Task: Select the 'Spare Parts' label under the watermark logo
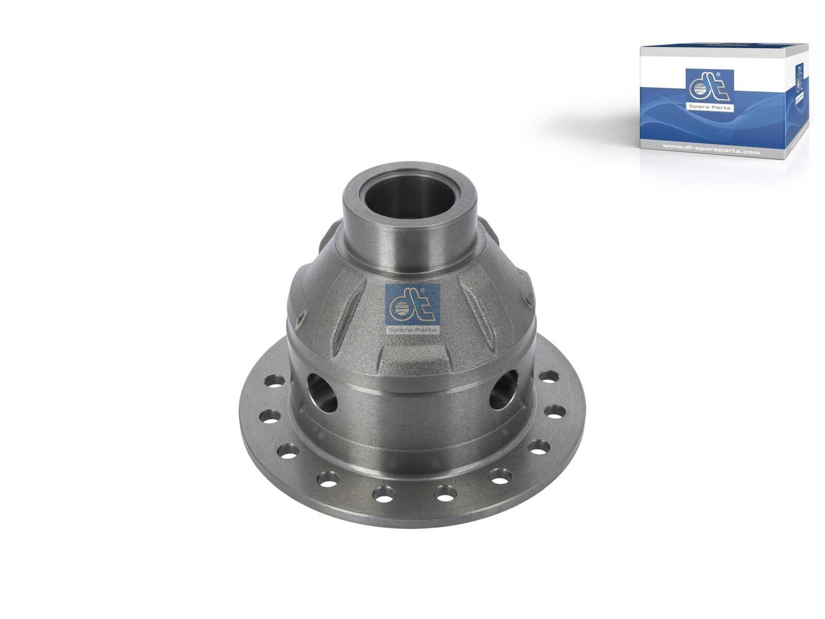(x=411, y=329)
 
